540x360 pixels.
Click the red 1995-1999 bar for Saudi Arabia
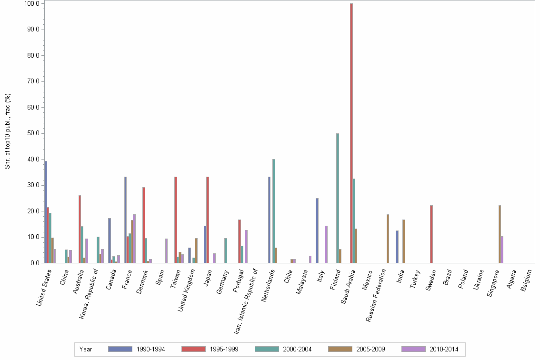[351, 133]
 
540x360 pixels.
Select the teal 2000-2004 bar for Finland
[338, 198]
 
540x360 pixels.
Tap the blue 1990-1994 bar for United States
[46, 212]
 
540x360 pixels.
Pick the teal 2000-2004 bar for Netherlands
[274, 211]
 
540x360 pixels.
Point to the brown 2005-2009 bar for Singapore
[500, 234]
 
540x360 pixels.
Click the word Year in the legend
[86, 350]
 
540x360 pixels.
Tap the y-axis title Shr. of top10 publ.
[8, 131]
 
